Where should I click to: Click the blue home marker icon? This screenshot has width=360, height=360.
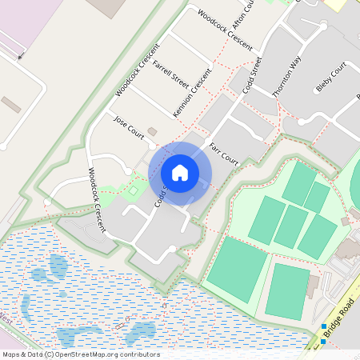pyautogui.click(x=180, y=172)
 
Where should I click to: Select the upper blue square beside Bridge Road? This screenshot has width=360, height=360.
pyautogui.click(x=323, y=326)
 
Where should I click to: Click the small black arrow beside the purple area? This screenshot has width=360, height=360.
pyautogui.click(x=21, y=56)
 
